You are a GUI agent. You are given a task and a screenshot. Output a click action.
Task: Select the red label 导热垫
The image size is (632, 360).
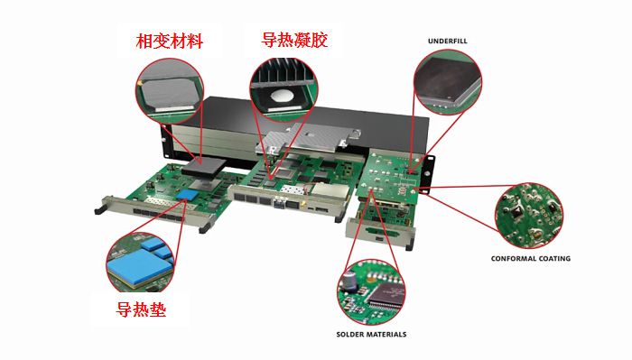(141, 311)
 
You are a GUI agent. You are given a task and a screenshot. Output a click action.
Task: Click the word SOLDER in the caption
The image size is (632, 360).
(351, 334)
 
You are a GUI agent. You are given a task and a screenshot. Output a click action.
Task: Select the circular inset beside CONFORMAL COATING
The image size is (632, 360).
(529, 214)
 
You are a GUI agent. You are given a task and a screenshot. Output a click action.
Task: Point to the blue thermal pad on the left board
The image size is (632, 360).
(187, 195)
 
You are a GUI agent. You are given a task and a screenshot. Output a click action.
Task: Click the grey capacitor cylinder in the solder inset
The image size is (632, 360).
(348, 282)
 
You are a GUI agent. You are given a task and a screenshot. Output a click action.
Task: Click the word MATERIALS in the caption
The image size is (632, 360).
(388, 334)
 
